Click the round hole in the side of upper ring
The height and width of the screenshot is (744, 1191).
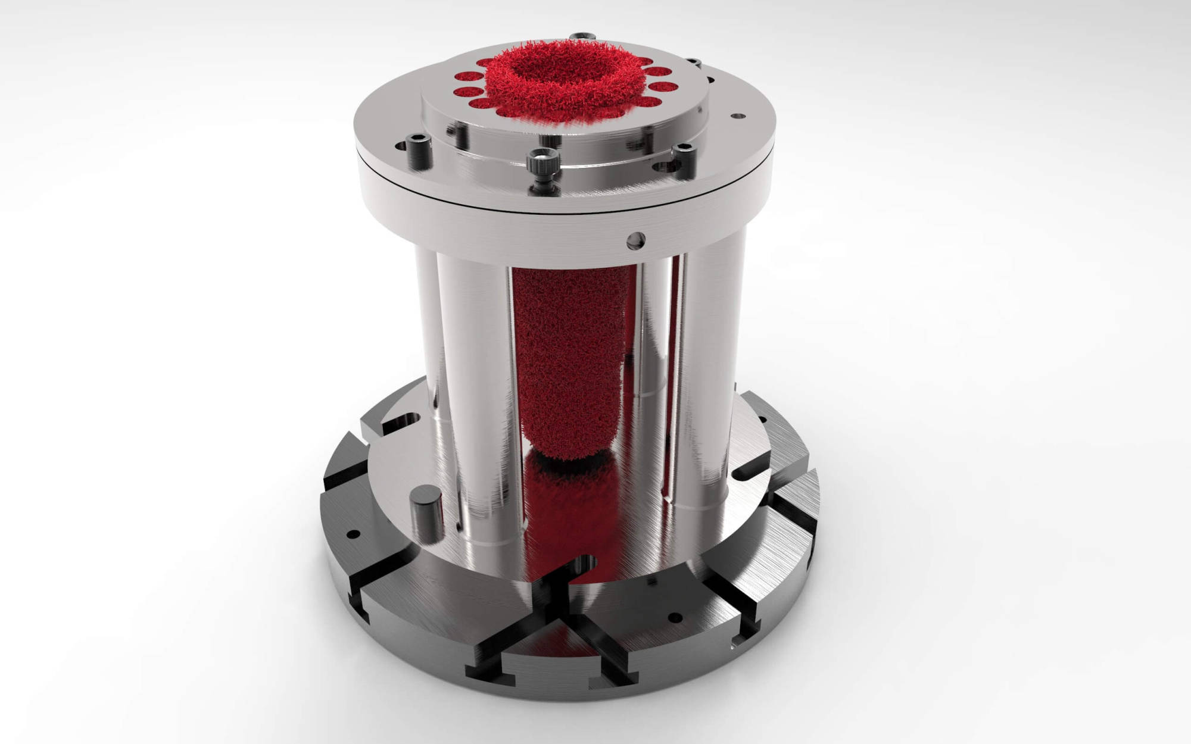636,239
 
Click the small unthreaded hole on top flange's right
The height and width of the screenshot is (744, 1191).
737,117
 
